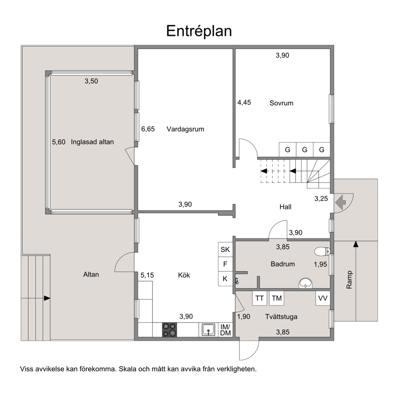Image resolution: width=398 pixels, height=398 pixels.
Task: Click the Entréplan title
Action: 199,31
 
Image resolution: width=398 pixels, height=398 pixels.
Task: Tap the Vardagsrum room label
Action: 185,129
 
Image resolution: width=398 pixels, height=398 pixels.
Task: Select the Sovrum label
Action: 281,103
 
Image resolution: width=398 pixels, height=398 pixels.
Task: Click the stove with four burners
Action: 169,329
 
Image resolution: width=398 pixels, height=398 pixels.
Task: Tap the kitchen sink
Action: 208,329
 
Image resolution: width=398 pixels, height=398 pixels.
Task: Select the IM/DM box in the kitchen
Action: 225,330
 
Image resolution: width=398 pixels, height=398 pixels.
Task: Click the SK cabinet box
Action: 225,250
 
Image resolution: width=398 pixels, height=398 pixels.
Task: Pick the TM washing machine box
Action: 277,298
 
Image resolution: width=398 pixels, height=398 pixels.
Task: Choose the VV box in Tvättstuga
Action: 323,298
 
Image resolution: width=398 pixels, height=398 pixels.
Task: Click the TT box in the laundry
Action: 260,298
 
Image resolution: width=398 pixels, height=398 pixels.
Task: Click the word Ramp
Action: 349,280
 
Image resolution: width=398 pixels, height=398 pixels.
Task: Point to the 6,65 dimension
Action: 148,129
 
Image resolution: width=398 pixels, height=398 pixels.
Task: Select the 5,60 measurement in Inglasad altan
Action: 59,142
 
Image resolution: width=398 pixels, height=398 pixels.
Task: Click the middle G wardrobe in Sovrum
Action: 305,150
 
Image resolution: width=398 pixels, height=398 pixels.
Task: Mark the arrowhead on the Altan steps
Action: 47,298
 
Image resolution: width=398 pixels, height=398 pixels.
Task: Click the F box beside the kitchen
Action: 225,264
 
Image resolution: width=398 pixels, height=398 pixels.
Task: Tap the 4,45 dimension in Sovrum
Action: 244,103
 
